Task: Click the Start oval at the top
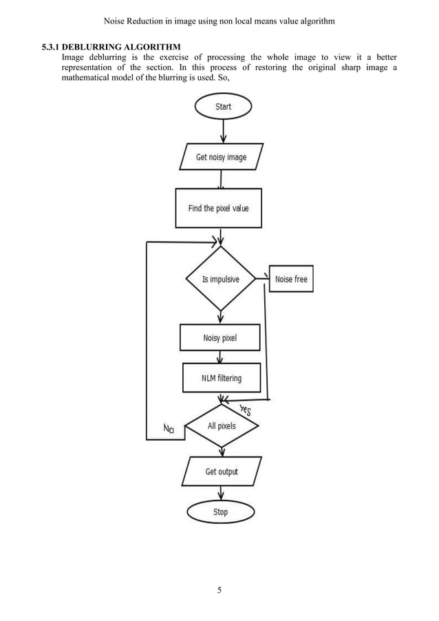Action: (x=223, y=107)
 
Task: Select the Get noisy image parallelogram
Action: (x=221, y=157)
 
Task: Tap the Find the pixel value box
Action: (x=219, y=208)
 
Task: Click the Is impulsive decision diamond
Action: (x=220, y=280)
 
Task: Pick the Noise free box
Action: (x=291, y=279)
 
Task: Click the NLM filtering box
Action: (x=221, y=377)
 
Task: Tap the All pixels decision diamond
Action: (x=222, y=426)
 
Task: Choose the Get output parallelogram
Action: (x=221, y=472)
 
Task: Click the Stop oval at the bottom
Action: (x=220, y=512)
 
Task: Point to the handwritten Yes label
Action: (x=245, y=411)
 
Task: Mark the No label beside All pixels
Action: (x=169, y=430)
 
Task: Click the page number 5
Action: (x=219, y=590)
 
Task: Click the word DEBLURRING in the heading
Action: (x=91, y=47)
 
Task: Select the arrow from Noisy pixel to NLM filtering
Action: (x=220, y=357)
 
